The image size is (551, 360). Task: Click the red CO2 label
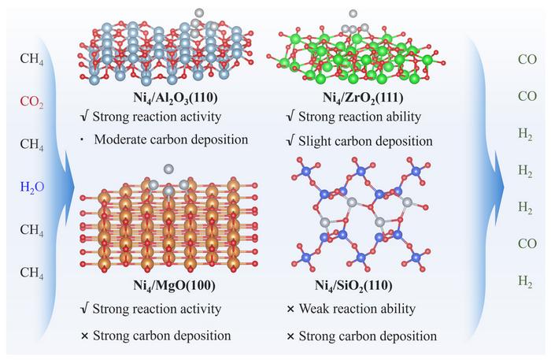pyautogui.click(x=31, y=102)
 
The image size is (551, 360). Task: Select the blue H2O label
pyautogui.click(x=32, y=187)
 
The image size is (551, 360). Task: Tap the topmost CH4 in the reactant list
pyautogui.click(x=31, y=59)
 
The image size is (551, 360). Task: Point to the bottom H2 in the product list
pyautogui.click(x=525, y=282)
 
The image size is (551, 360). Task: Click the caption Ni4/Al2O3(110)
pyautogui.click(x=176, y=98)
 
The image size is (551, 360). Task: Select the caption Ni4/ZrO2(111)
pyautogui.click(x=363, y=98)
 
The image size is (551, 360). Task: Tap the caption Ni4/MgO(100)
pyautogui.click(x=174, y=286)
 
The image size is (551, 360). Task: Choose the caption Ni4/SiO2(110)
pyautogui.click(x=353, y=286)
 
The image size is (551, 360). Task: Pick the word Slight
pyautogui.click(x=313, y=141)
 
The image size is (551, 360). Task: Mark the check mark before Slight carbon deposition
pyautogui.click(x=290, y=141)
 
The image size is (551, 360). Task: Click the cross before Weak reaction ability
pyautogui.click(x=290, y=310)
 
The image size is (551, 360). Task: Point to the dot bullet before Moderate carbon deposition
pyautogui.click(x=82, y=140)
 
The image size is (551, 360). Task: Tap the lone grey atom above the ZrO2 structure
pyautogui.click(x=353, y=13)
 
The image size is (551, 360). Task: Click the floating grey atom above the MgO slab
pyautogui.click(x=169, y=169)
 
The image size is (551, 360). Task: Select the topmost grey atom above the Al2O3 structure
pyautogui.click(x=199, y=13)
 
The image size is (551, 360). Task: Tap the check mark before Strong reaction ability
pyautogui.click(x=290, y=117)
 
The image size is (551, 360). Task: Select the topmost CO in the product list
pyautogui.click(x=527, y=59)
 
